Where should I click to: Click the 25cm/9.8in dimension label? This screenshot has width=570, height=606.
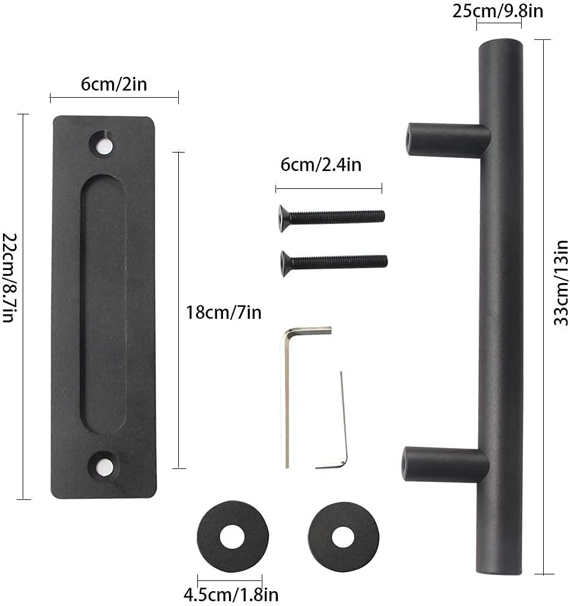tap(498, 11)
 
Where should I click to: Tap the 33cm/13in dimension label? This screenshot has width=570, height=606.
tap(561, 283)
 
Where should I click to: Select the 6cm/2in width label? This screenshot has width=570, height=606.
tap(114, 84)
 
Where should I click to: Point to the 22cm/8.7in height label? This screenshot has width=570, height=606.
tap(10, 277)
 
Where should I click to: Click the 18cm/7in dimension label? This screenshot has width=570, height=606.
tap(224, 312)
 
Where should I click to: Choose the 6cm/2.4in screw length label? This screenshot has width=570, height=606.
tap(321, 164)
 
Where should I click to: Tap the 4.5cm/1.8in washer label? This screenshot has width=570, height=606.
tap(231, 595)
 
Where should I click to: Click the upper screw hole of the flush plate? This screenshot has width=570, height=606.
tap(103, 145)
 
